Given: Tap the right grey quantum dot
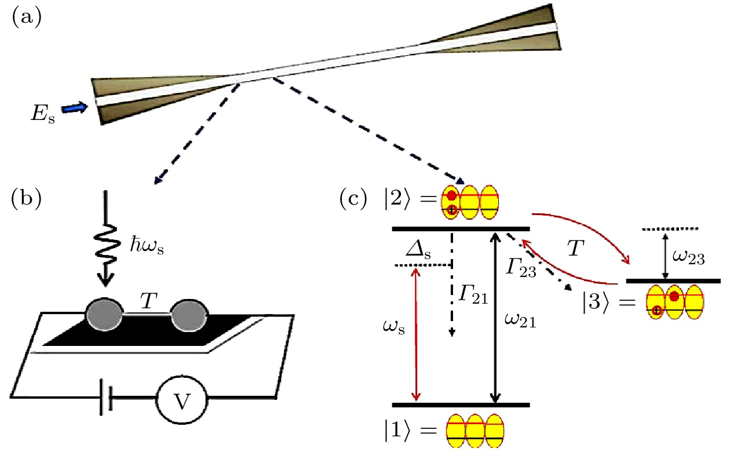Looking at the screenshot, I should tap(189, 318).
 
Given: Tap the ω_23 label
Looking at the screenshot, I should tap(689, 258).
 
